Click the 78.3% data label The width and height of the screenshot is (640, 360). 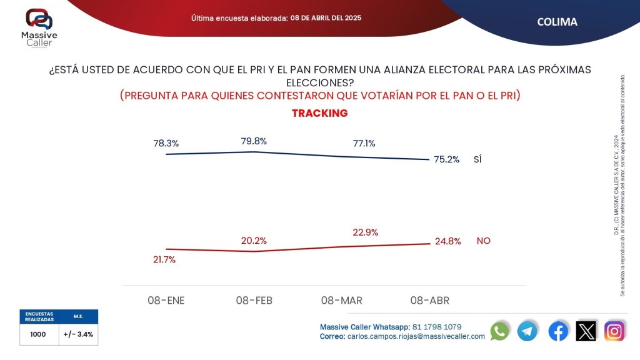point(166,143)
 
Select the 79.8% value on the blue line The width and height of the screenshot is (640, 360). point(254,141)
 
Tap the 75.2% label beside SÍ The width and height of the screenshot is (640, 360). point(446,159)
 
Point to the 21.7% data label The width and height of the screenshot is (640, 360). point(164,259)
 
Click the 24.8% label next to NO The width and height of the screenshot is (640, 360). point(447,241)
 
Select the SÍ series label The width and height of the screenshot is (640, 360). point(477,159)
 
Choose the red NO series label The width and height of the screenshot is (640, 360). point(483,241)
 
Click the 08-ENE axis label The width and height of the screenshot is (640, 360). point(166,301)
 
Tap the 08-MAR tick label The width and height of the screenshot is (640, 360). point(341,301)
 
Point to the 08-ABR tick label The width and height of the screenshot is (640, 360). point(429,301)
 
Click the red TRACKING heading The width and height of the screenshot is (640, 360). point(319,113)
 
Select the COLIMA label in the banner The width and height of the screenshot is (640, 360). point(557,22)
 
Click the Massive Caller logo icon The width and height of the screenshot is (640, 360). point(39,18)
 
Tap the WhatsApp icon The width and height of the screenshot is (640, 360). point(499,331)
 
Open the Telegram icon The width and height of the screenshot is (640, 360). point(527,331)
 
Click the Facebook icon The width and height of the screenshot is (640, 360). point(558,331)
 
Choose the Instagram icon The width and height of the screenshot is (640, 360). point(614,331)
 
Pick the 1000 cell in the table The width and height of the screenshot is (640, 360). point(38,334)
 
